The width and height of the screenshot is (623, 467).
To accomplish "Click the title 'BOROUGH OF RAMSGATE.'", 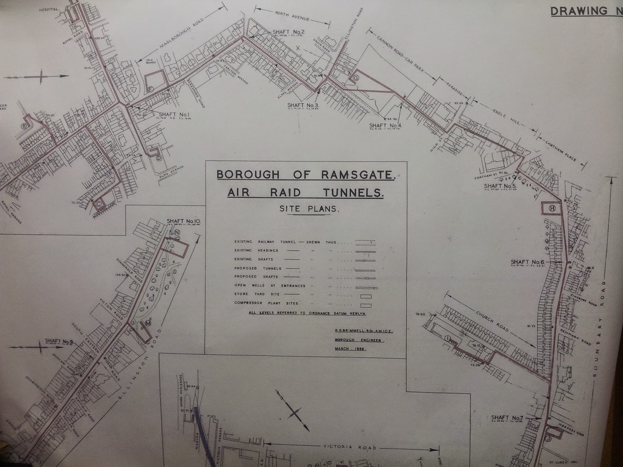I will (x=306, y=175).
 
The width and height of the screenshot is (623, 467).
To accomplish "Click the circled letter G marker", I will (x=355, y=78).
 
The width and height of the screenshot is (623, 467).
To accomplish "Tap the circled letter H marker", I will (x=552, y=208).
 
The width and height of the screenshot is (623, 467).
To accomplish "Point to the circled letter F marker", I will (x=151, y=89).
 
